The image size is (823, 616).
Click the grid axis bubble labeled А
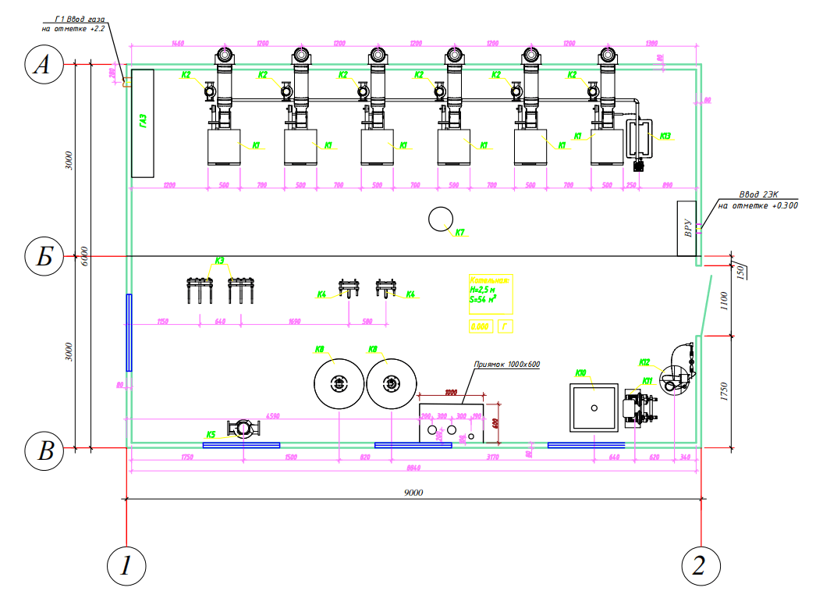click(x=43, y=66)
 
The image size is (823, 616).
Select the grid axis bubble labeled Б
click(x=43, y=256)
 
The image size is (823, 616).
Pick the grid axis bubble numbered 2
click(x=700, y=563)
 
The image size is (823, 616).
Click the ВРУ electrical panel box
click(x=687, y=228)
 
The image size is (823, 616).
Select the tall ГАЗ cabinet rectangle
click(x=143, y=123)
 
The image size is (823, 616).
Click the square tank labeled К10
click(x=594, y=408)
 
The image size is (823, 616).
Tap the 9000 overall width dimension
click(x=413, y=493)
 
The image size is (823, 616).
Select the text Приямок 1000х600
click(x=507, y=365)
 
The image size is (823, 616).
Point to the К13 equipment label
click(x=665, y=137)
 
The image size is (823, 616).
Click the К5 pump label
click(x=211, y=434)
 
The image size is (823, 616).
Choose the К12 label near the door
click(x=644, y=362)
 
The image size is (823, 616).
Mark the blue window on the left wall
click(x=129, y=332)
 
